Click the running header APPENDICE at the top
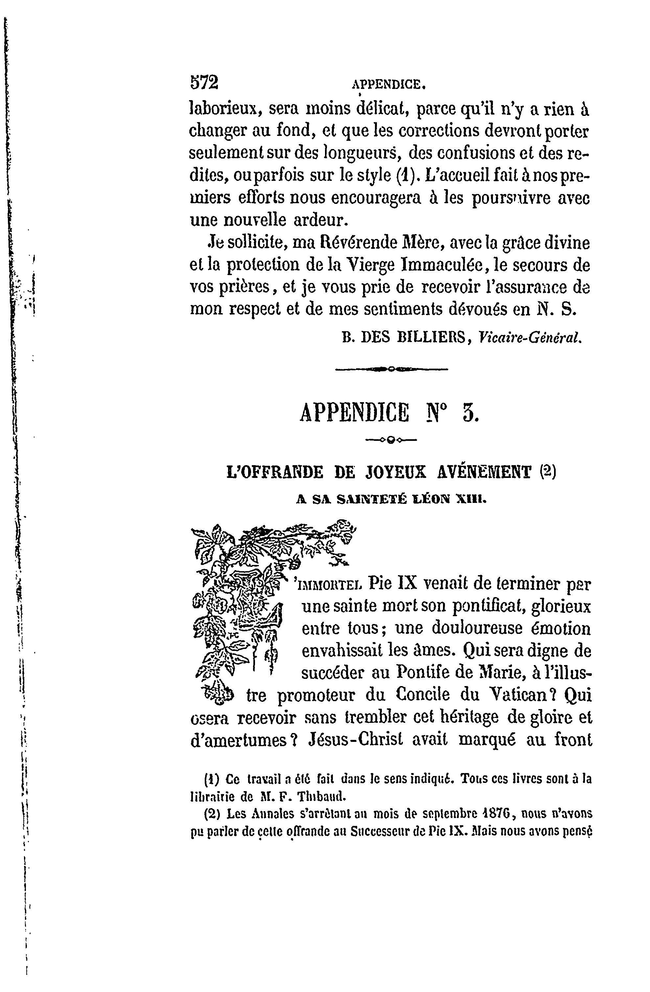point(388,85)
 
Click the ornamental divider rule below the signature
point(391,368)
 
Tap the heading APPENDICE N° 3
point(389,413)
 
